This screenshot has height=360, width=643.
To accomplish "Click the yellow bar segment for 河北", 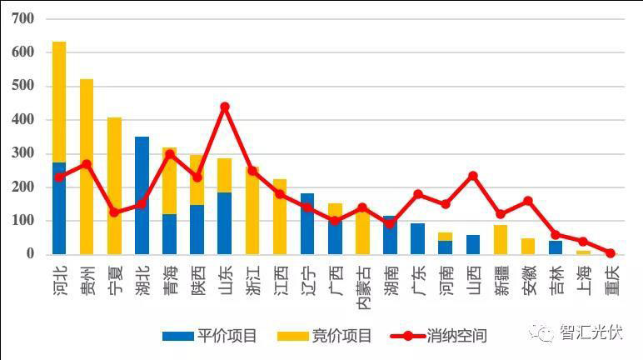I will point(59,100).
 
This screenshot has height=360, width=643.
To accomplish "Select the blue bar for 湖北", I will point(142,195).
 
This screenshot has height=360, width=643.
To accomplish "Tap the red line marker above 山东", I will point(224,107).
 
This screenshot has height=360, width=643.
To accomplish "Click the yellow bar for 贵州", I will point(87,167).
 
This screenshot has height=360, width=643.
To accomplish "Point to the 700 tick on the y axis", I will point(24,18).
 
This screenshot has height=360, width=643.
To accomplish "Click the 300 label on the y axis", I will point(24,153).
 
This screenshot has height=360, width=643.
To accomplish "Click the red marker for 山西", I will point(473,176).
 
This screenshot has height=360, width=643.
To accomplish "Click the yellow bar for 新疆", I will point(501,239).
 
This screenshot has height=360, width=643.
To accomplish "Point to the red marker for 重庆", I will point(611,252).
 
